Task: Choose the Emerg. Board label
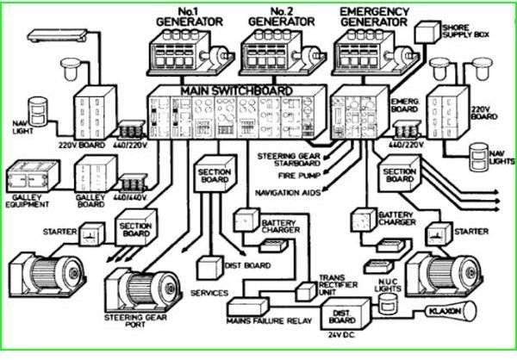tap(406, 104)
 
